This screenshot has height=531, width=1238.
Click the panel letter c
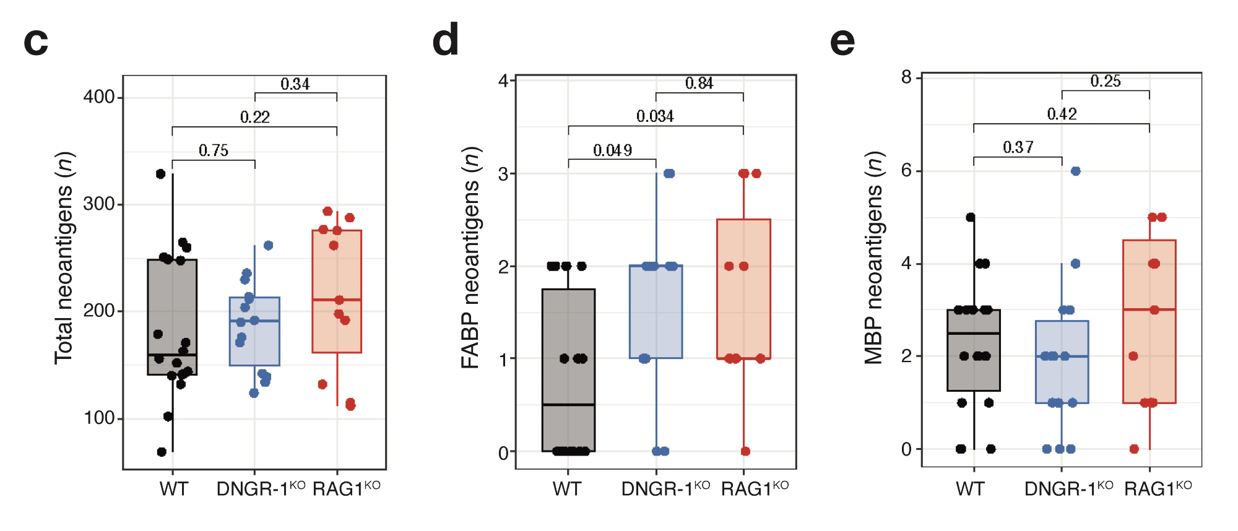(35, 42)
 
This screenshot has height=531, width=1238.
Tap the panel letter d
(445, 40)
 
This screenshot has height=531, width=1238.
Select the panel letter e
(842, 42)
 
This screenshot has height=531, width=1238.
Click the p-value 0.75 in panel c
(213, 150)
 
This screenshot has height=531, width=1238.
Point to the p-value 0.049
(612, 150)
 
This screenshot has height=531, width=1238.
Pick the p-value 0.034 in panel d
(655, 116)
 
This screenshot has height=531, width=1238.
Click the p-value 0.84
(699, 83)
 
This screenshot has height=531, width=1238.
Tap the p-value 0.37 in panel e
(1018, 147)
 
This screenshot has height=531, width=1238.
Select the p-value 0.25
(1105, 81)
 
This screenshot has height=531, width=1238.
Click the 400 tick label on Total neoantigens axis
(99, 97)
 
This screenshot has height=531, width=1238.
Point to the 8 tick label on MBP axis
(906, 77)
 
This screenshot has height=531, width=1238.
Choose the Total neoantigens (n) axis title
(64, 258)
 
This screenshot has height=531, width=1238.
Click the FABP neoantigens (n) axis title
(471, 257)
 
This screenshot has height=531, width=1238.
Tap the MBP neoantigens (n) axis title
(873, 257)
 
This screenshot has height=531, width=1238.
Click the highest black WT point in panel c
(160, 174)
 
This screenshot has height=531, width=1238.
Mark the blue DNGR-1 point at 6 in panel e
(1075, 171)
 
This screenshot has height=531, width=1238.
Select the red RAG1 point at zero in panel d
(745, 451)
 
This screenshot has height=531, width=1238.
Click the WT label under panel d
(566, 489)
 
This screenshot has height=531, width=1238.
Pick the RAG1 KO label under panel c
(346, 488)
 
